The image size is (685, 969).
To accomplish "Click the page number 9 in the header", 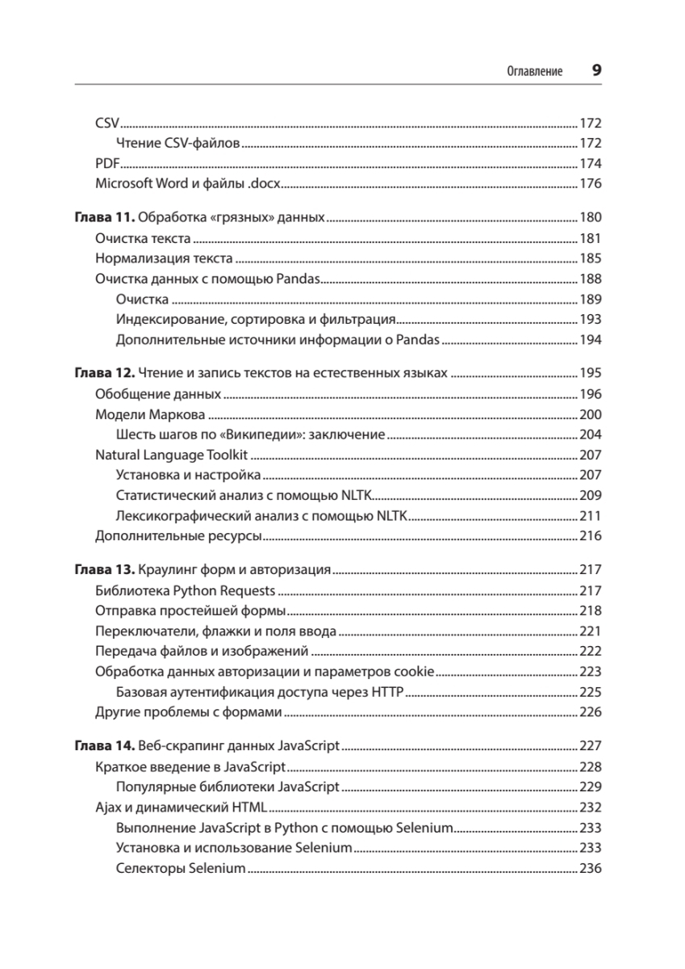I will click(597, 70).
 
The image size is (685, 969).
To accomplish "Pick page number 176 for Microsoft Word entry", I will click(591, 183).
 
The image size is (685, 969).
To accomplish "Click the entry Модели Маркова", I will click(149, 415).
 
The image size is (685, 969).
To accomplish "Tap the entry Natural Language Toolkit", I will click(170, 455).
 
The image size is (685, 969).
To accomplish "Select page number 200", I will click(591, 415).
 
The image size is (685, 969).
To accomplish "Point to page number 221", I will click(591, 631).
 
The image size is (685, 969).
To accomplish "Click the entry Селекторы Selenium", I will click(180, 868).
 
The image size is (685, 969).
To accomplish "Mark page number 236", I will click(591, 868).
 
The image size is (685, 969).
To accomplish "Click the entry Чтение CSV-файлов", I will click(178, 144).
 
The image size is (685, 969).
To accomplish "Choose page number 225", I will click(591, 692).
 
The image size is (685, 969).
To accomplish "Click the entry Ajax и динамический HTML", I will click(180, 807).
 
